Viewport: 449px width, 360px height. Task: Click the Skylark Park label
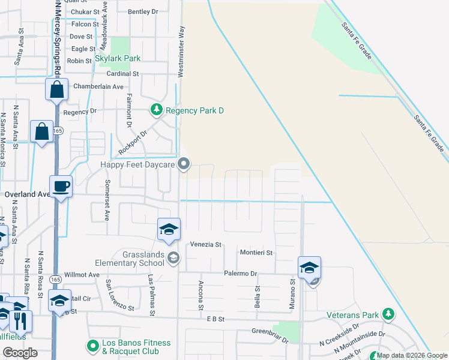pos(118,59)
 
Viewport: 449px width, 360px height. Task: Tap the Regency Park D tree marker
pos(156,110)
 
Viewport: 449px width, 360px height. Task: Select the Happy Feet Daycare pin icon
pos(185,164)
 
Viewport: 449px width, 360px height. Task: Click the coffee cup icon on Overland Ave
pos(61,185)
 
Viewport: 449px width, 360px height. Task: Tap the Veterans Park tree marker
pos(388,314)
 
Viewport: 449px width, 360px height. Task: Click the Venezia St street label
pos(206,245)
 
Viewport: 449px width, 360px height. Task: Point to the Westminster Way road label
pos(181,52)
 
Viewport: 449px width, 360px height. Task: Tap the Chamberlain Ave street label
pos(98,86)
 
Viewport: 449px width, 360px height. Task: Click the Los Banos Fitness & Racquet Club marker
pos(93,346)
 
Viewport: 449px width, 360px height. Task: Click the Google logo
pos(20,353)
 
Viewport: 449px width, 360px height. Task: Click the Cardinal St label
pos(122,74)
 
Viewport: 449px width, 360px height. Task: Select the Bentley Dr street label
pos(143,11)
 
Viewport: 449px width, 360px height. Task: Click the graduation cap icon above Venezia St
pos(169,229)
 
